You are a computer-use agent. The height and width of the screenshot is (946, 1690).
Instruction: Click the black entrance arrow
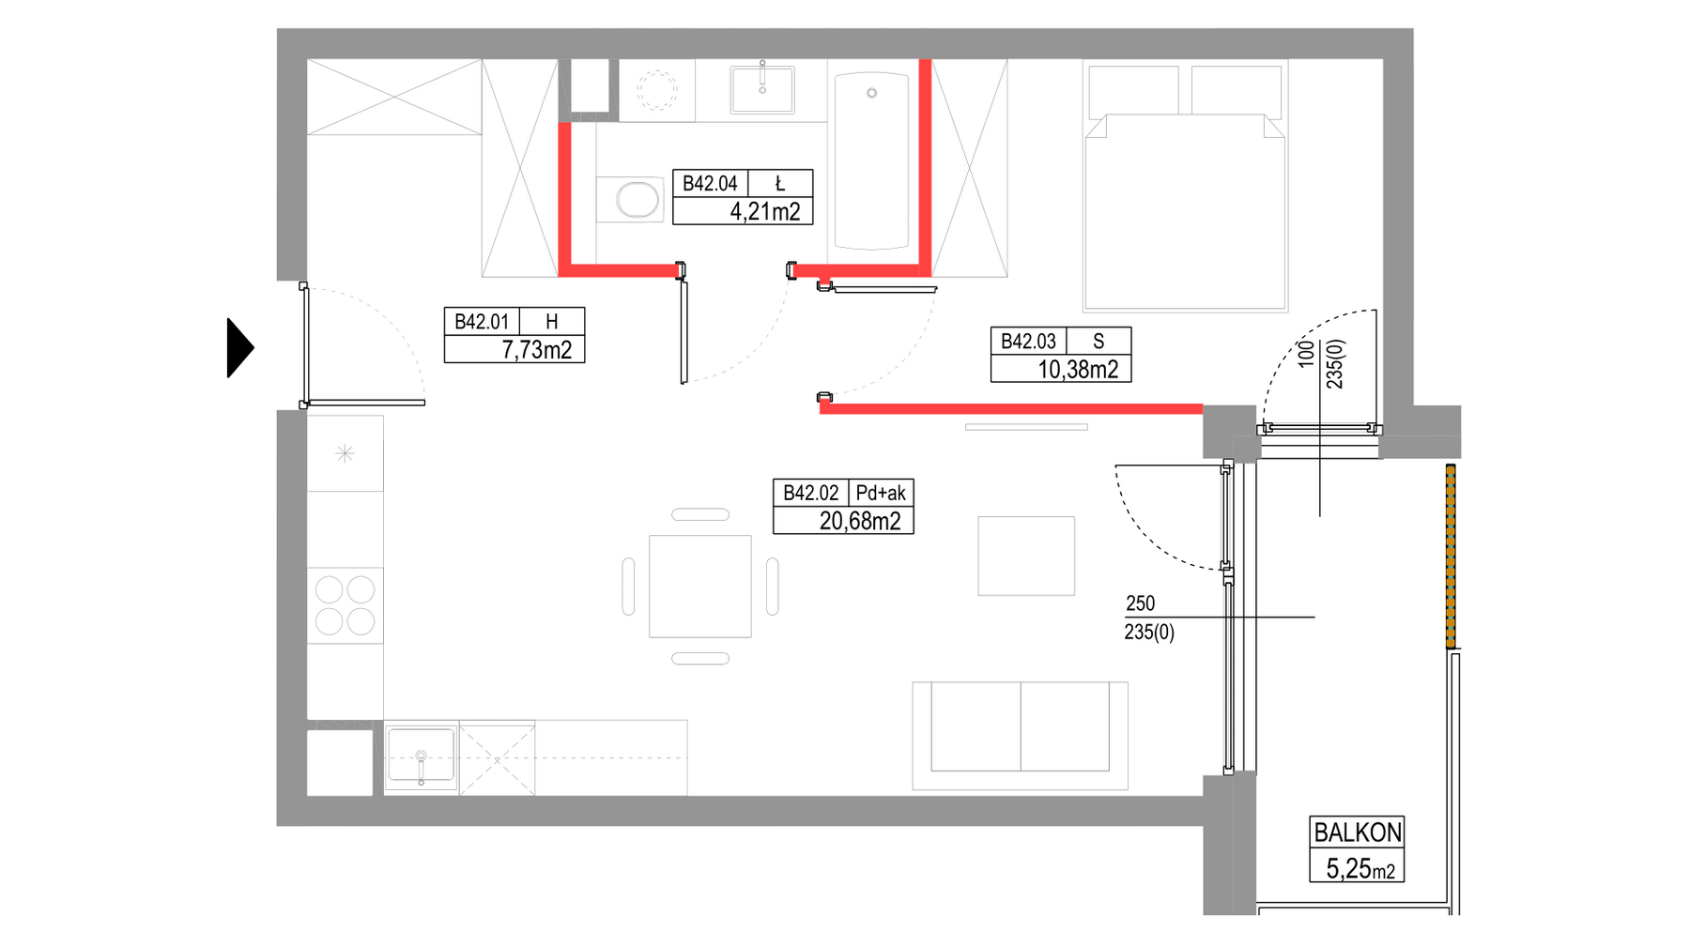[239, 348]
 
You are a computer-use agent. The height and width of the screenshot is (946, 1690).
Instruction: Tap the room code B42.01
[482, 322]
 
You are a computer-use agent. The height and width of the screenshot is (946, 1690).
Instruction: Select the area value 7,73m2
[537, 350]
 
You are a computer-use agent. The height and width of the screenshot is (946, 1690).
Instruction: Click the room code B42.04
[710, 184]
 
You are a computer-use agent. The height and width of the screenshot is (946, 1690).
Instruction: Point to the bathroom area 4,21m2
[765, 212]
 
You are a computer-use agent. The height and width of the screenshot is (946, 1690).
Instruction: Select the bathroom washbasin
[762, 89]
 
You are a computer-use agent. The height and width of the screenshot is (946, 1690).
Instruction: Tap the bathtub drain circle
[871, 93]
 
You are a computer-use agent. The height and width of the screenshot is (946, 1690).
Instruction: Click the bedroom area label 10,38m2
[1078, 370]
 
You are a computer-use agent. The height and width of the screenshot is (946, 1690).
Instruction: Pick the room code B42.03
[1028, 342]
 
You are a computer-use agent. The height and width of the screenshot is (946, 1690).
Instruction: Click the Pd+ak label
[881, 493]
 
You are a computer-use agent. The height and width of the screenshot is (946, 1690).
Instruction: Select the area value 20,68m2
[860, 521]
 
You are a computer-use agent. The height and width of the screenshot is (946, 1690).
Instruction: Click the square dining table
[700, 587]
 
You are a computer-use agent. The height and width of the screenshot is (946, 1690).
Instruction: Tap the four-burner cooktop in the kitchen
[345, 605]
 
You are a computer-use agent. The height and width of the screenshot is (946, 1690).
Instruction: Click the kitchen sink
[421, 756]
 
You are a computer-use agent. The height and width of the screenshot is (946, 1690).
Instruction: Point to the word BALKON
[1358, 832]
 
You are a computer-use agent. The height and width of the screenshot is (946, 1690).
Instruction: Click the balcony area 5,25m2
[1360, 869]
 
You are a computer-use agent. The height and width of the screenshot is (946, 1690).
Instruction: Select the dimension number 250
[1140, 603]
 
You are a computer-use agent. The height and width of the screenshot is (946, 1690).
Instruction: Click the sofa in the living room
[1020, 736]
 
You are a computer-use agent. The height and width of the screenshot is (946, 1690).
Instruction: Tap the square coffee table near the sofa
[1026, 556]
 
